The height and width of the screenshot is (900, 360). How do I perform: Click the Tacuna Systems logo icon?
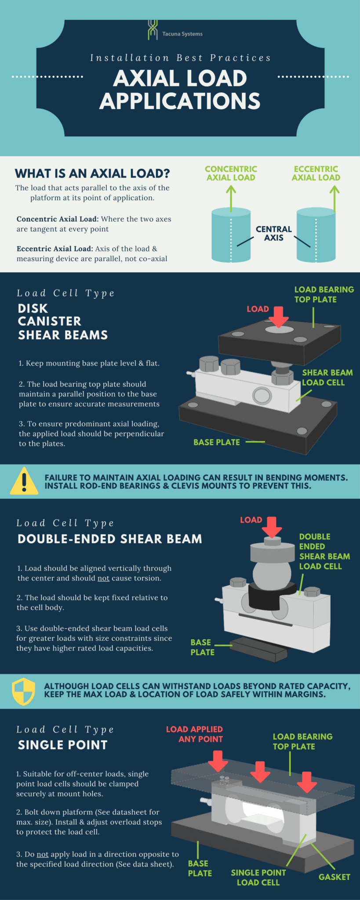(153, 30)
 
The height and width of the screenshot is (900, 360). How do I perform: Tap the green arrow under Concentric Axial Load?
(231, 198)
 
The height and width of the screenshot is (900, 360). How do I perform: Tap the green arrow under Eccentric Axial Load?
(335, 198)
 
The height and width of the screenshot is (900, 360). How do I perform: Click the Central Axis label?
(273, 233)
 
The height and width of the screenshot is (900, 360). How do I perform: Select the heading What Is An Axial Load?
(92, 174)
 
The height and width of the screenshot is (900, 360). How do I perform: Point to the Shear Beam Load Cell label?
(327, 377)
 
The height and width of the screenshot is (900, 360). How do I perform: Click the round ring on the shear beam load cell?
(262, 396)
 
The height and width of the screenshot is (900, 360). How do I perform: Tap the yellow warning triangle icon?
(24, 481)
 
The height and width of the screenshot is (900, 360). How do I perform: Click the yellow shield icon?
(24, 691)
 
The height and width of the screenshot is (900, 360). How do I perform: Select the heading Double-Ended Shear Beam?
(110, 539)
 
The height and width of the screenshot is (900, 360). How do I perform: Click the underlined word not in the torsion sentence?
(103, 578)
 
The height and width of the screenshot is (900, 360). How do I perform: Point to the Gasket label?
(334, 877)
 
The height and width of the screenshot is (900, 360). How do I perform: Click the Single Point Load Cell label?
(258, 878)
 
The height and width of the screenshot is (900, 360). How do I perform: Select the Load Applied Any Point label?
(194, 734)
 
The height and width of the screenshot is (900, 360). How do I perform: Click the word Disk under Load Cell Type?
(33, 308)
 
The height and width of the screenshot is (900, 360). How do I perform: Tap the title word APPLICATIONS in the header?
(180, 101)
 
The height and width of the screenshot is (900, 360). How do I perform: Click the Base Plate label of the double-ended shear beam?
(202, 647)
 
